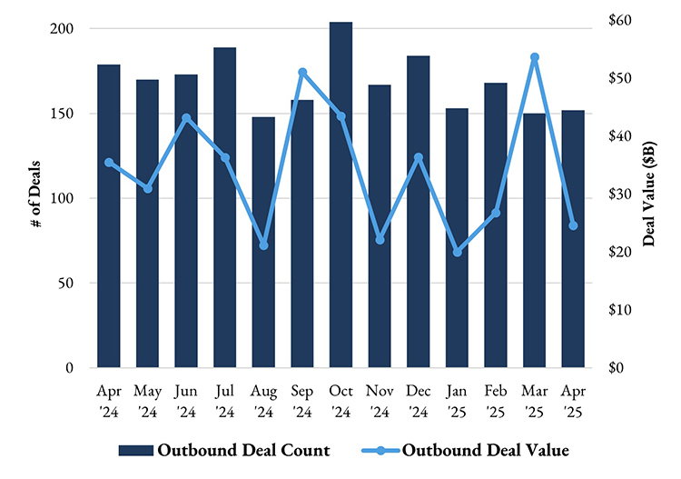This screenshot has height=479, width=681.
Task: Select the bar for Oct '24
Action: (341, 195)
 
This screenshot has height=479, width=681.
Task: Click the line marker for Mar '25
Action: (535, 57)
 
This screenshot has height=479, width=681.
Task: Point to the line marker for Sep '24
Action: (302, 72)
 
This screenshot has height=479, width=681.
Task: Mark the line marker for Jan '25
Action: (457, 252)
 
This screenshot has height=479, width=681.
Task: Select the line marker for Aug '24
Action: (264, 245)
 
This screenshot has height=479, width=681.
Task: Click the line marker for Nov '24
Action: (380, 239)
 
